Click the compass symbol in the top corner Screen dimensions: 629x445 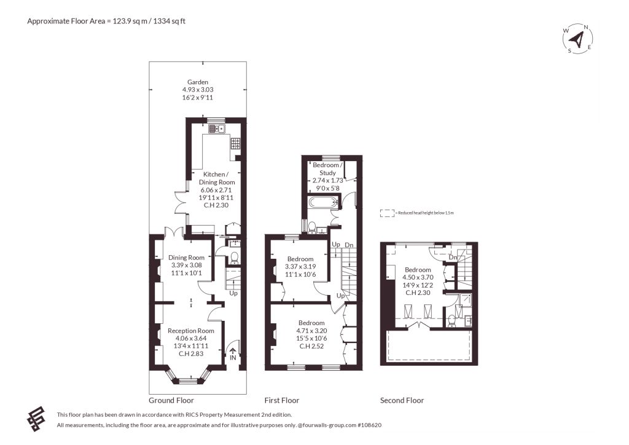[x=577, y=39]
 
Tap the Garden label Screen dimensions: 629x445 [x=198, y=82]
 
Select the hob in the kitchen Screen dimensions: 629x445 [x=235, y=144]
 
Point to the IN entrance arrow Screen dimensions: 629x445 [x=233, y=351]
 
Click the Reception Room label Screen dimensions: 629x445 [x=191, y=331]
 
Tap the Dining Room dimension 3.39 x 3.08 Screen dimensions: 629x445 [x=187, y=266]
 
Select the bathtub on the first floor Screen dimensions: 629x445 [x=323, y=202]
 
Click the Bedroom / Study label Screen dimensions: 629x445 [x=328, y=169]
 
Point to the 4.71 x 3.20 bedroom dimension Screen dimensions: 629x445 [x=311, y=331]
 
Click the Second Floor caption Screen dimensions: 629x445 [x=402, y=400]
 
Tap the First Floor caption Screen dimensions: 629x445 [x=282, y=400]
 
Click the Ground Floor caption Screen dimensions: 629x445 [x=171, y=400]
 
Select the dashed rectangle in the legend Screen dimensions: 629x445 [x=387, y=213]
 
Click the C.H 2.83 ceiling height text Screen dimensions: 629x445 [x=191, y=353]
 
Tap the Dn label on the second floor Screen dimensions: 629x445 [x=453, y=257]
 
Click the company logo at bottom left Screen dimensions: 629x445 [x=36, y=419]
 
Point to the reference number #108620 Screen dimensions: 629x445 [x=369, y=425]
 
